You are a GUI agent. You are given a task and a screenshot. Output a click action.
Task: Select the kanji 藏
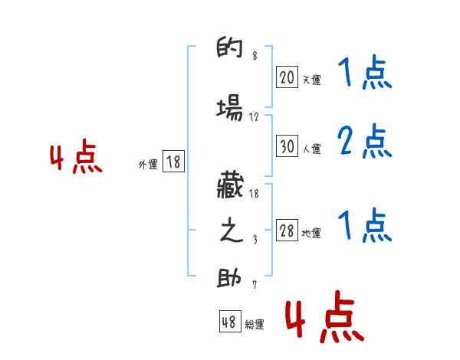(230, 185)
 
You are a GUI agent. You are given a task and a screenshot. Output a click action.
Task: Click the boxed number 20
(287, 77)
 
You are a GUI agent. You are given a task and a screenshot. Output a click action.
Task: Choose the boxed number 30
(287, 146)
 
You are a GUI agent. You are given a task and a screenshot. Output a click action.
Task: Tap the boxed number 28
(287, 231)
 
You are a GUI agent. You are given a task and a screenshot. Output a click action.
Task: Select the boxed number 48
(229, 322)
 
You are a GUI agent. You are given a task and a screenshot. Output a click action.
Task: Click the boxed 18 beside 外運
(173, 162)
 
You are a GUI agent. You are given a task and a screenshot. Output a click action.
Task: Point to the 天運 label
(311, 80)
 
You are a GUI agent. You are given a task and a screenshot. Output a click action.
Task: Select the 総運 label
(255, 325)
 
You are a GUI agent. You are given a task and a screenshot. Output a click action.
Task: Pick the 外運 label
(147, 164)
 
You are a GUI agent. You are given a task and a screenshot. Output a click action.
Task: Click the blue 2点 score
(364, 142)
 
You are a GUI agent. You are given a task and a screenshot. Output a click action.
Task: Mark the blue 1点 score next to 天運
(364, 74)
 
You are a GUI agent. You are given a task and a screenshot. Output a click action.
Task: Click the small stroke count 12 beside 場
(255, 117)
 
